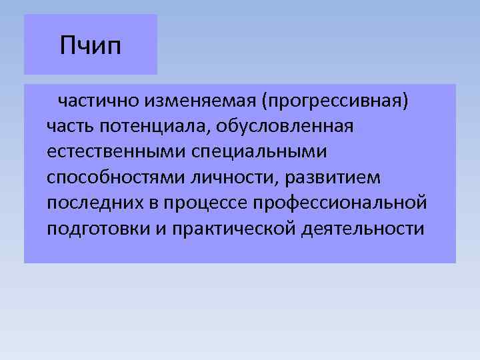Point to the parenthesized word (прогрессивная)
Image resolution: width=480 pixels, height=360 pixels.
point(335,101)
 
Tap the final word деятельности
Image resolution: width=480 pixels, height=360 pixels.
point(362,228)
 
